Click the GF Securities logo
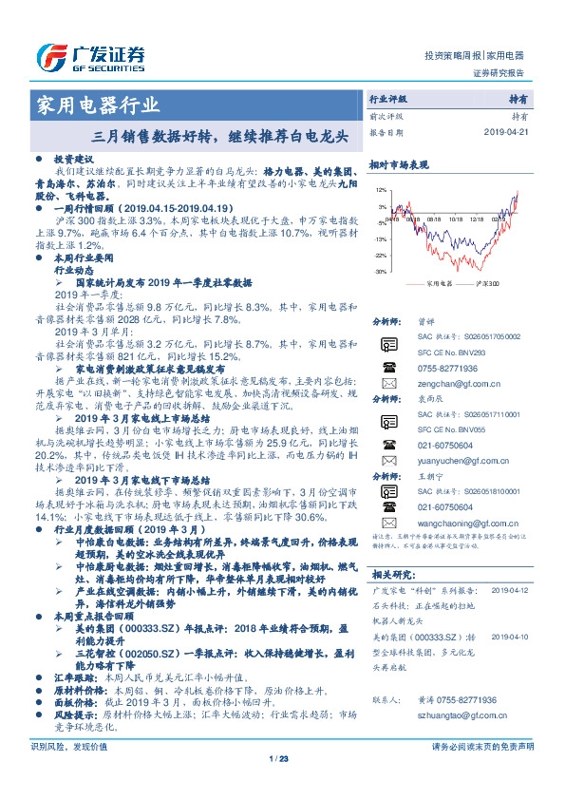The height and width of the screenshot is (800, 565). click(90, 57)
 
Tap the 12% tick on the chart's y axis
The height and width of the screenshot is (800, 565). click(381, 190)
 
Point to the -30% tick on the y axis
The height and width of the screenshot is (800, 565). click(380, 272)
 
